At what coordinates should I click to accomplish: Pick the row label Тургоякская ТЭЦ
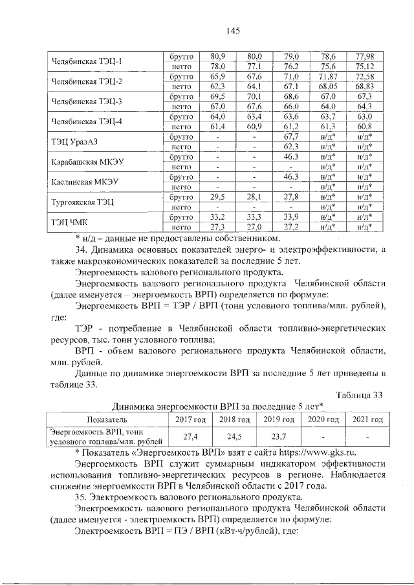82,202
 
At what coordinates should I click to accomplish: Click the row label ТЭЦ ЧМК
71,222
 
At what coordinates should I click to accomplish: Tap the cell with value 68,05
328,86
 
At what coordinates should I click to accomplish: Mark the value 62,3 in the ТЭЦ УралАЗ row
291,147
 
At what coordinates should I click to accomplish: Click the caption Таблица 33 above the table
362,394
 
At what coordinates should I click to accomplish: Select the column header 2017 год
182,421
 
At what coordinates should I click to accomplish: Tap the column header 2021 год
367,421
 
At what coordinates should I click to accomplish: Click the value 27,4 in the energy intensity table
182,436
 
